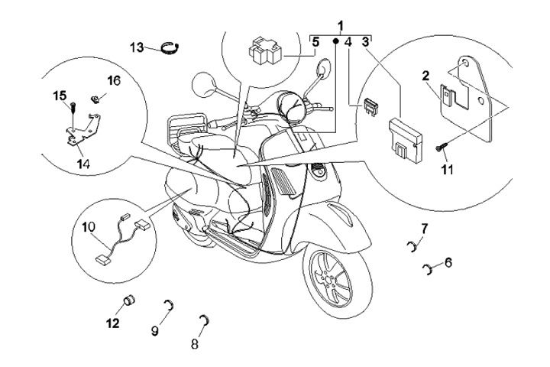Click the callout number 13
click(x=137, y=47)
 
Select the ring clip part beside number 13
click(x=170, y=47)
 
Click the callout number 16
click(x=114, y=81)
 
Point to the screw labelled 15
click(x=73, y=106)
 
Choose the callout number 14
click(x=83, y=164)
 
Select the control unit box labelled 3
click(x=405, y=140)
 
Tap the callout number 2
click(x=425, y=76)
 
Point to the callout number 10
click(x=89, y=227)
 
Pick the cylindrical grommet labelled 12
click(x=129, y=301)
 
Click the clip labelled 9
click(x=170, y=305)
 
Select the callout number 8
click(x=195, y=344)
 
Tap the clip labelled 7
click(x=412, y=246)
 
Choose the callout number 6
click(x=448, y=263)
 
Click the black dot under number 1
click(x=335, y=41)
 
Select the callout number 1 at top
click(x=341, y=26)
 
